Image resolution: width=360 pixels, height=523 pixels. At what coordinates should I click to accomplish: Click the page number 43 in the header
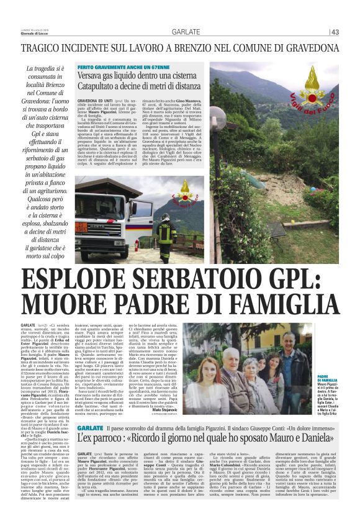[335, 32]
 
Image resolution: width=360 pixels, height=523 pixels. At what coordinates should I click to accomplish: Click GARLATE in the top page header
[186, 32]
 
